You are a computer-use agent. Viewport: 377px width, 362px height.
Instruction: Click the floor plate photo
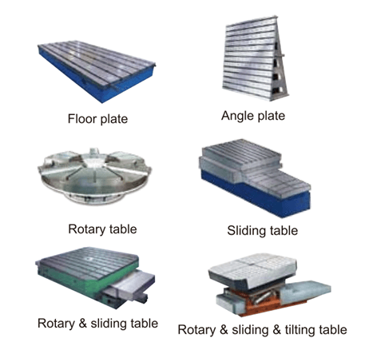tap(97, 70)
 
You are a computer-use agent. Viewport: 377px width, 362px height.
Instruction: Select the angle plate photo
tap(255, 58)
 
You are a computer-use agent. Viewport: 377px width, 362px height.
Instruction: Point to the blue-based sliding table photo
tap(255, 177)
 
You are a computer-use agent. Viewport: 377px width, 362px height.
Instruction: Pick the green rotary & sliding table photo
tap(95, 278)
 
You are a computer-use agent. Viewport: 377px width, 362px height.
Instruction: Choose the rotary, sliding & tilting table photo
tap(269, 284)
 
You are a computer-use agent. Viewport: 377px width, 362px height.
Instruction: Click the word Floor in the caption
tap(82, 118)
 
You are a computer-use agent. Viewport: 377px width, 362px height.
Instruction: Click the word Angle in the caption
tap(236, 116)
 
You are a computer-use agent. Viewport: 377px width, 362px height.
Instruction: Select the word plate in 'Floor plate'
tap(113, 119)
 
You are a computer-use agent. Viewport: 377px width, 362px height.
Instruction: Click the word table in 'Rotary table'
tap(123, 229)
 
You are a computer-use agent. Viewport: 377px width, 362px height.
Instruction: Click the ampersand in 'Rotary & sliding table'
tap(82, 324)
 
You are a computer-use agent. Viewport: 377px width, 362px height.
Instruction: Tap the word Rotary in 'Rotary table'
tap(87, 229)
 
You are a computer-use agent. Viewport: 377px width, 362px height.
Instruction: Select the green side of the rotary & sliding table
tap(88, 282)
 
